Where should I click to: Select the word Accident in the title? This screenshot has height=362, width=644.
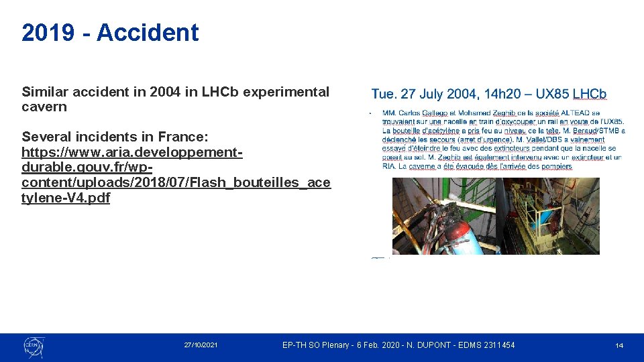148,33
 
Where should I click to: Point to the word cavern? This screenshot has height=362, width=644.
44,107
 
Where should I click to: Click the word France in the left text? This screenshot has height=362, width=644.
187,137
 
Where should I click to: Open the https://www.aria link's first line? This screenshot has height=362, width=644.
131,152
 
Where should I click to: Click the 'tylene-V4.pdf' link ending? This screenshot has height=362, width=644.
66,198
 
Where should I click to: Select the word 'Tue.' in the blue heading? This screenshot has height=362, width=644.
384,95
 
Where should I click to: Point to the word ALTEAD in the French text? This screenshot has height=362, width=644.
575,113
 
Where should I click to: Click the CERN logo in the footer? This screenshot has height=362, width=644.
33,346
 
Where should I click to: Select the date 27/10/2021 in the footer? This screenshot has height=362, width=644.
201,345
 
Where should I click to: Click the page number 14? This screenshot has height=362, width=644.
619,346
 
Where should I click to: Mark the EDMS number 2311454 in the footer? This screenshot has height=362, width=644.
497,345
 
